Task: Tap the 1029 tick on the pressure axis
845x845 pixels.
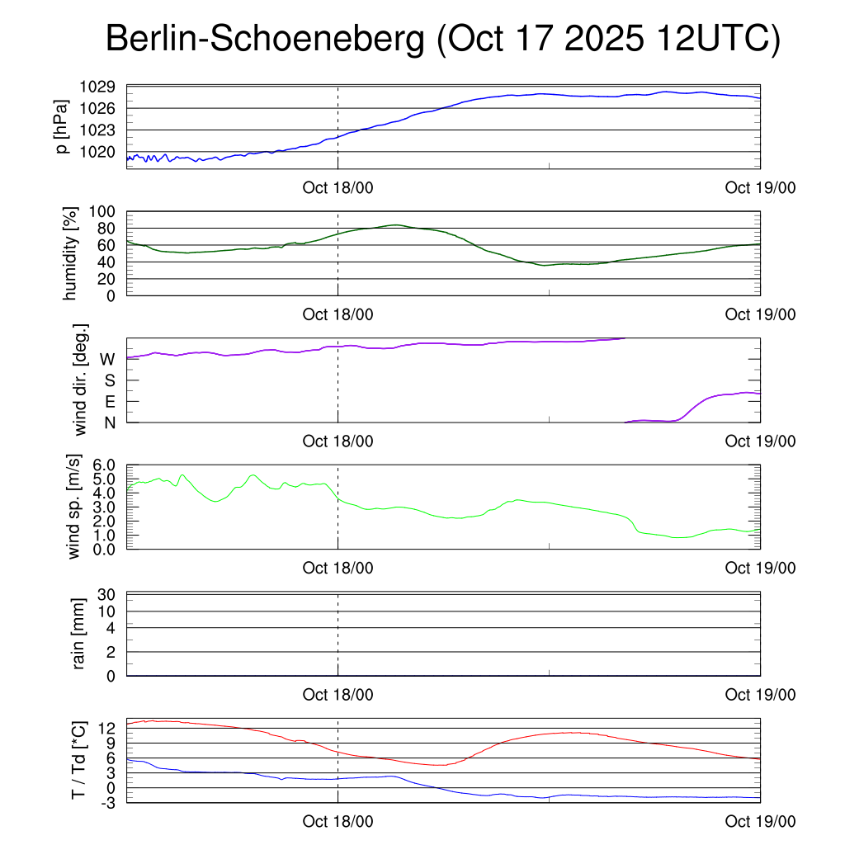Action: [x=103, y=87]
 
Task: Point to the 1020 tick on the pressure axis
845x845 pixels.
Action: [x=103, y=152]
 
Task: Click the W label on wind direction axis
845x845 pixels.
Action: [x=107, y=359]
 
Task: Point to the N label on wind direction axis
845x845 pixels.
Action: [x=109, y=422]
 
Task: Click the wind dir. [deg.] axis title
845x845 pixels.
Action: [x=81, y=380]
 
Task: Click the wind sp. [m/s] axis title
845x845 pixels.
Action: [x=74, y=507]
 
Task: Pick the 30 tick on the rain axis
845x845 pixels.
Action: [x=108, y=595]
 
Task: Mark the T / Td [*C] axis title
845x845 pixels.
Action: [x=79, y=760]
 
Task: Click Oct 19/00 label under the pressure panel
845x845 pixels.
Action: [x=760, y=188]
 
